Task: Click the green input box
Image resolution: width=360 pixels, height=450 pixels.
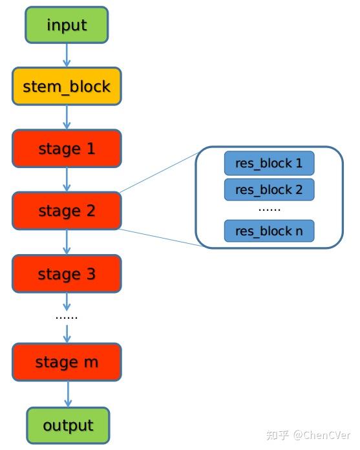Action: point(67,25)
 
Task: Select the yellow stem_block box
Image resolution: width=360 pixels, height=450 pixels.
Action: point(67,87)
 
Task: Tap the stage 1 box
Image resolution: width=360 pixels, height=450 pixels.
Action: point(67,149)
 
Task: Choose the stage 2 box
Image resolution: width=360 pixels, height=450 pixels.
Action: point(67,211)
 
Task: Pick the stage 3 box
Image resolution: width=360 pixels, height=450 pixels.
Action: point(67,273)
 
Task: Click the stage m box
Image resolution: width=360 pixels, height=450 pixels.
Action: point(67,362)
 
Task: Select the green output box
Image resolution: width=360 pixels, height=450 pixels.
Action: point(68,425)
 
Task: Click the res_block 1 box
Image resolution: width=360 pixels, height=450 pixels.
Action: point(269,164)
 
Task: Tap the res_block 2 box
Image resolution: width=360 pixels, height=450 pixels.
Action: point(269,189)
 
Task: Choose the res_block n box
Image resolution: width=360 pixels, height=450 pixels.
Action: point(269,231)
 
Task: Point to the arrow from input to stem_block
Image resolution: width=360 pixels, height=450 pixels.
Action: point(67,56)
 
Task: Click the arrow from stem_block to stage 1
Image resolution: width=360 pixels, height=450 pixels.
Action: point(67,118)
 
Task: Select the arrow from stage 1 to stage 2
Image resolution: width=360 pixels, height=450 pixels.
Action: point(67,180)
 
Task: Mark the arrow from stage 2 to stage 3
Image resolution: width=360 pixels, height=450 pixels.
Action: point(67,242)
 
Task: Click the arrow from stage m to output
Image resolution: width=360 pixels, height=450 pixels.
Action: point(67,394)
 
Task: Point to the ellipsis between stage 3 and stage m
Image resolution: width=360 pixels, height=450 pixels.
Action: point(67,317)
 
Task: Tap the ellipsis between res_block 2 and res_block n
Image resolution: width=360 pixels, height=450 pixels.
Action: point(269,209)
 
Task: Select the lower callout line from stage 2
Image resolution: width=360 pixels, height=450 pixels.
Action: point(158,237)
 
